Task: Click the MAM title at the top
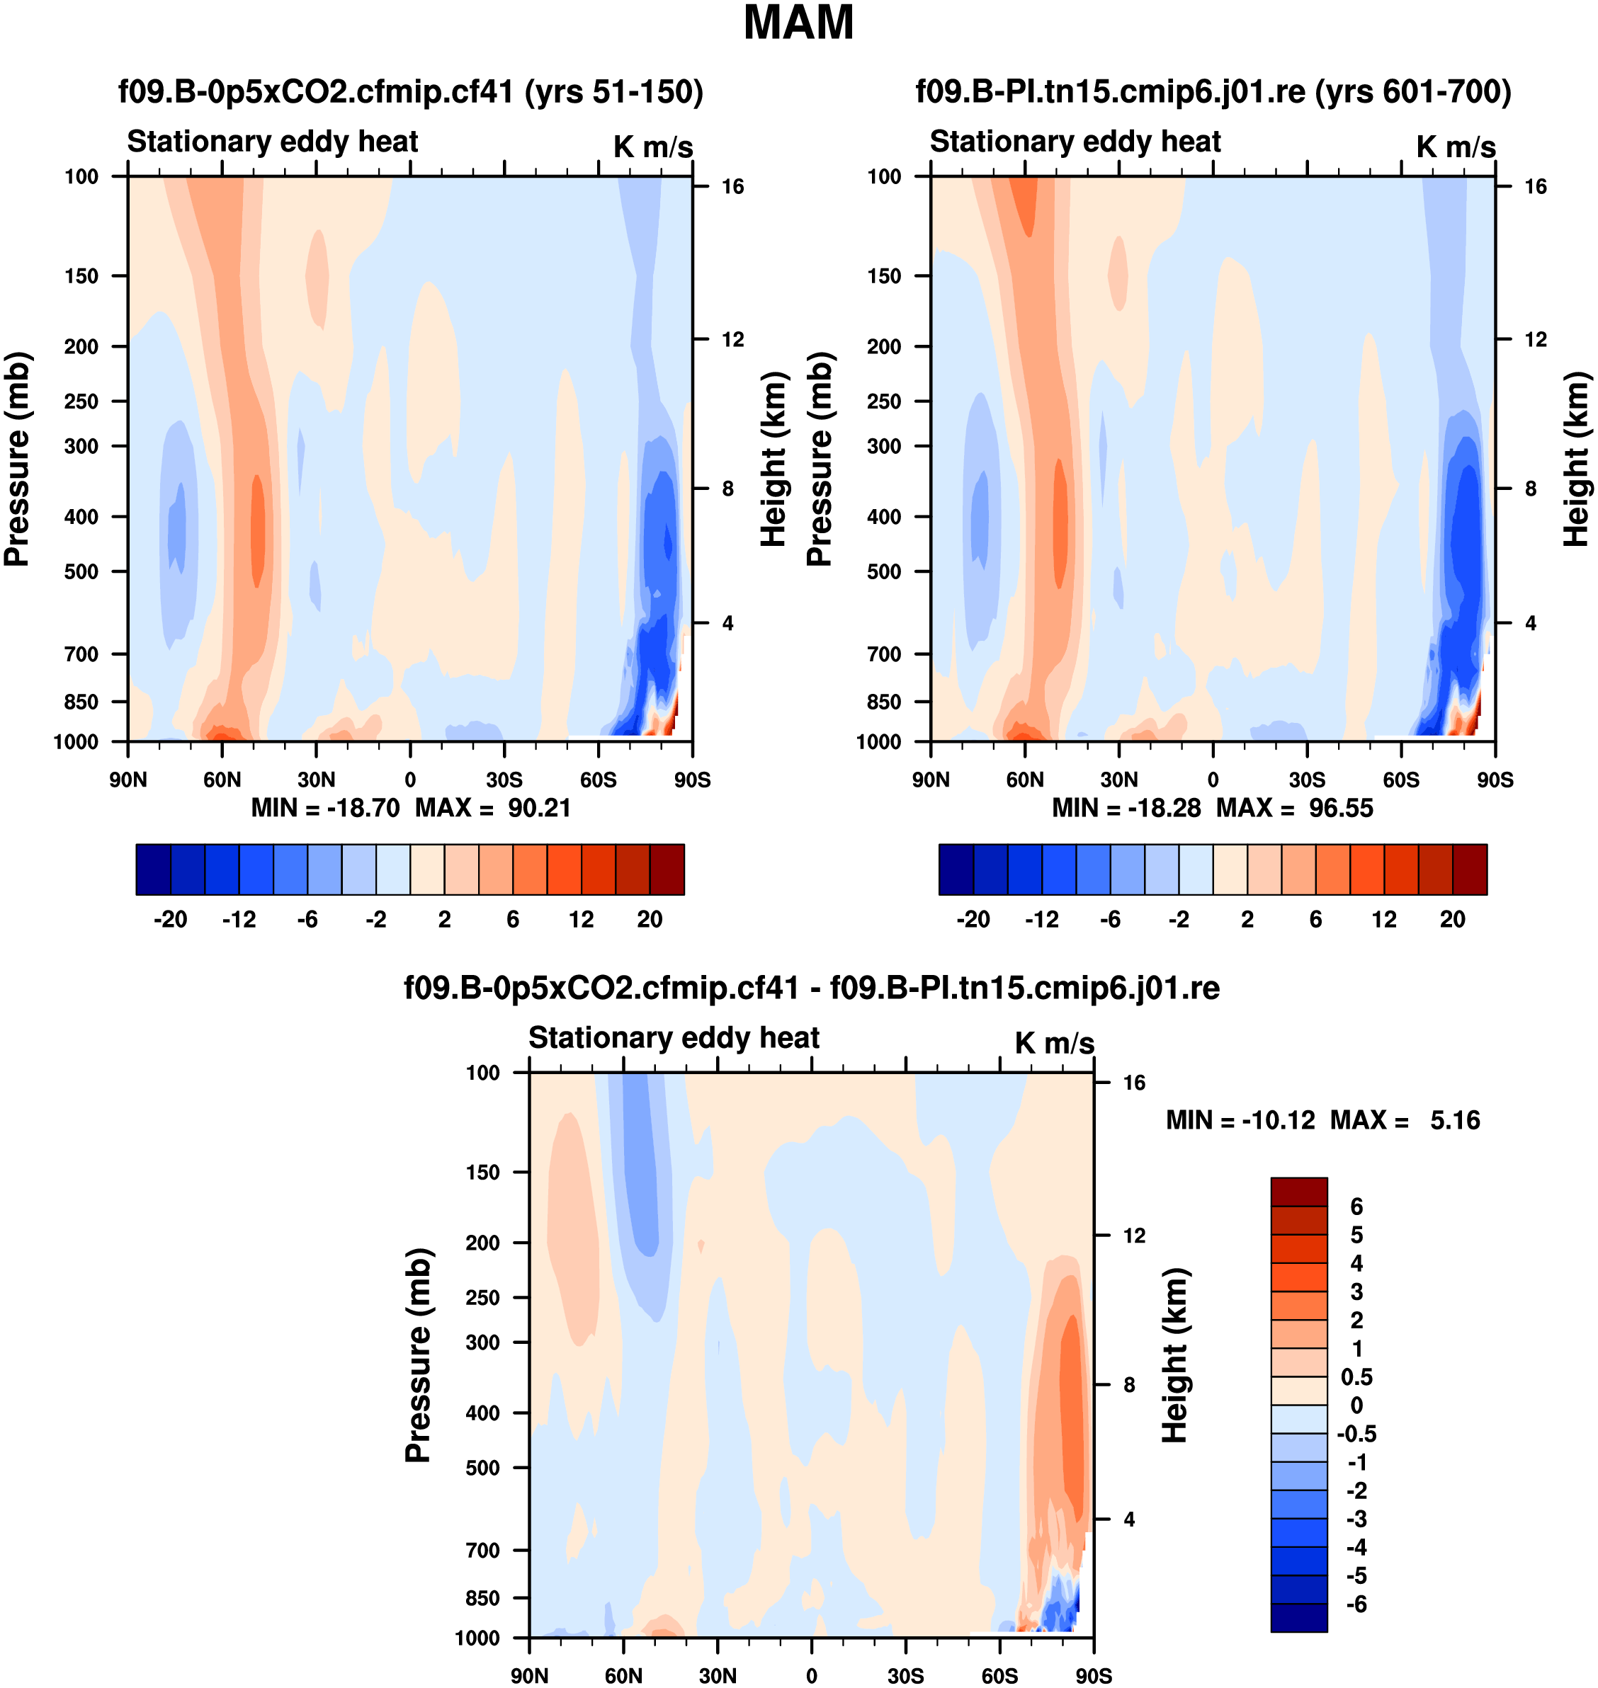(798, 23)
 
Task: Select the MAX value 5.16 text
(1455, 1119)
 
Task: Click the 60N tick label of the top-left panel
(222, 780)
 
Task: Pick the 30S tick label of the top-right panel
(1307, 780)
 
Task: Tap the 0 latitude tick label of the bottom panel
(811, 1675)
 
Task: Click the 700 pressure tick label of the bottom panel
(482, 1549)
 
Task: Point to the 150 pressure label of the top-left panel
(81, 276)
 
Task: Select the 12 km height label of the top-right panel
(1535, 339)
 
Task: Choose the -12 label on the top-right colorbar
(1042, 919)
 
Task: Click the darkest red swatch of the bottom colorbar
(1298, 1192)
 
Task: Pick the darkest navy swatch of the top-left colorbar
(153, 869)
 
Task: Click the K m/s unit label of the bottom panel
(1054, 1042)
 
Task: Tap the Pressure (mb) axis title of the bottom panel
(417, 1354)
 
